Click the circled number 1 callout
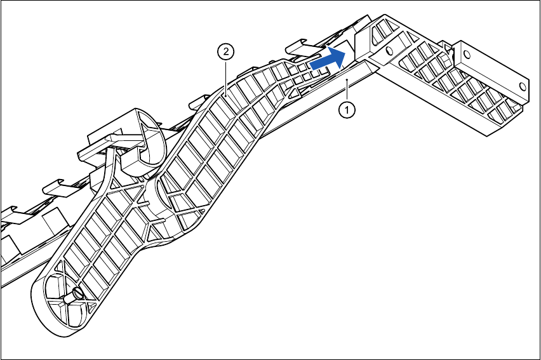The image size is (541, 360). (347, 109)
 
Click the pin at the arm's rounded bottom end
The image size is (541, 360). (76, 293)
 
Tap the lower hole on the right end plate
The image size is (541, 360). (523, 84)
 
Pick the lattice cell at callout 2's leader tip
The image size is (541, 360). (229, 95)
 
